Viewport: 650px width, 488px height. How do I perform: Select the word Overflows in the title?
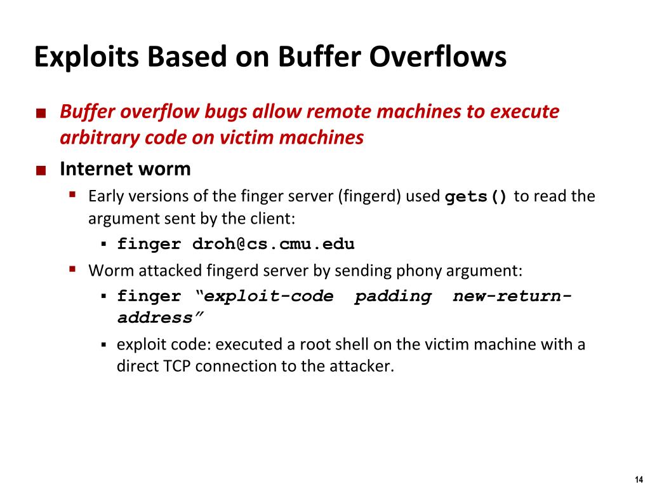438,57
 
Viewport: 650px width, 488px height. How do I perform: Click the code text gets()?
476,196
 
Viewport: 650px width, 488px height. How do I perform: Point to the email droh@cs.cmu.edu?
269,244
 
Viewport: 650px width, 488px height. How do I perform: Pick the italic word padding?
393,296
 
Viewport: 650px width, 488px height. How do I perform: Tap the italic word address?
160,318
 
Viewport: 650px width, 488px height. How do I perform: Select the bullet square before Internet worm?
41,170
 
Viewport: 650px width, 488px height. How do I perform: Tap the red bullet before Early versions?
72,194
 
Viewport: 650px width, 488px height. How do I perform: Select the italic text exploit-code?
269,296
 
